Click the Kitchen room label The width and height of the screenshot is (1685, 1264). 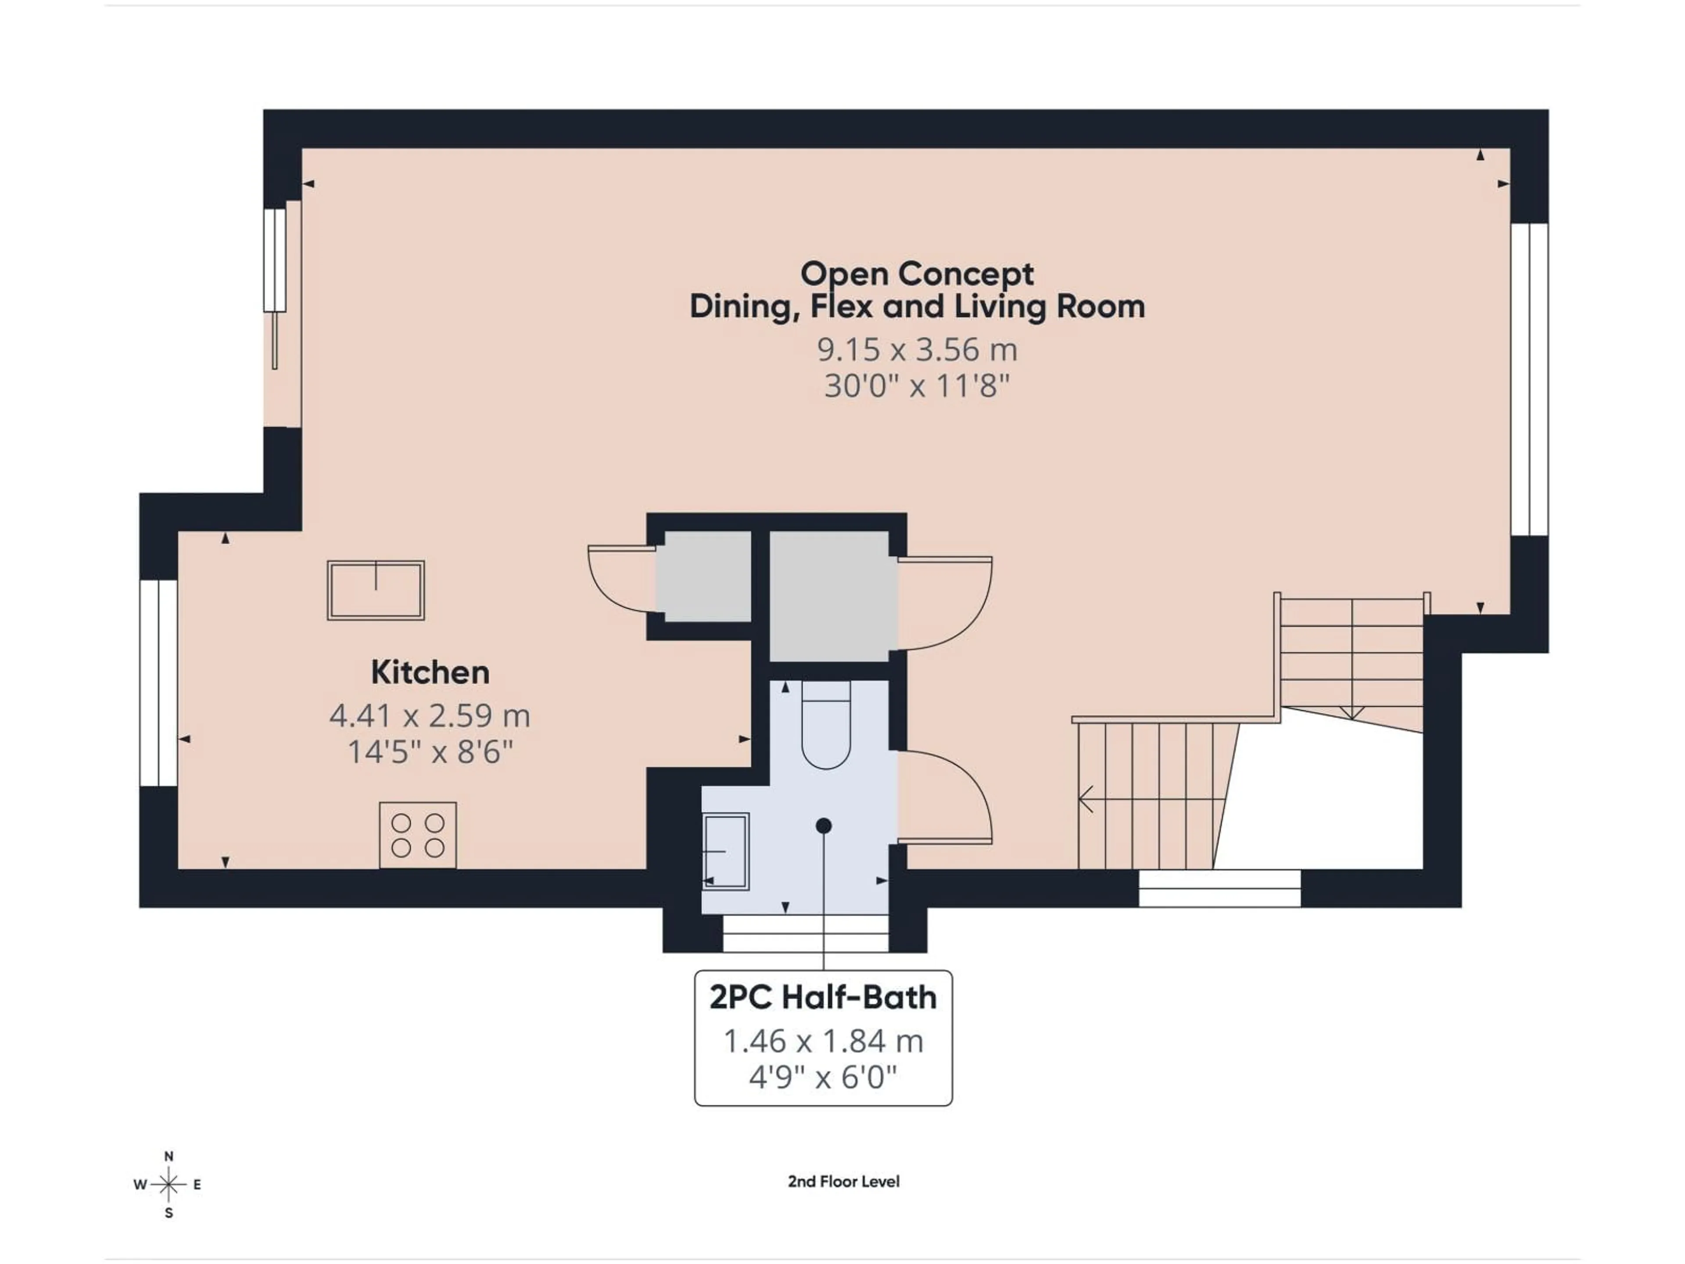[430, 672]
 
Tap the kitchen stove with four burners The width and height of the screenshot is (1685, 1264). [417, 835]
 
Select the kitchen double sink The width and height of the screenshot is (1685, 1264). [376, 590]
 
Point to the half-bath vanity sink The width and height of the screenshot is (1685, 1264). [726, 851]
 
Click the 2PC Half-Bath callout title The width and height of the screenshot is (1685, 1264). [823, 997]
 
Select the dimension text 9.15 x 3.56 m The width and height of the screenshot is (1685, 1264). [916, 350]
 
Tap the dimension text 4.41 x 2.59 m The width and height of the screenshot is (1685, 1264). [430, 715]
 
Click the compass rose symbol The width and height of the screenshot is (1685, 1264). [169, 1184]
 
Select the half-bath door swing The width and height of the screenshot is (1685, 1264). [945, 796]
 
